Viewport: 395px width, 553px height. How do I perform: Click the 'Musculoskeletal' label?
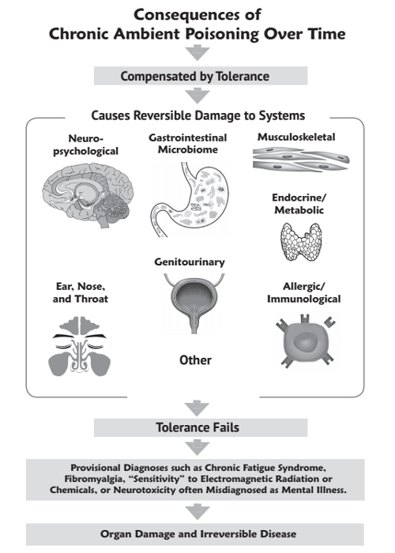(296, 137)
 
